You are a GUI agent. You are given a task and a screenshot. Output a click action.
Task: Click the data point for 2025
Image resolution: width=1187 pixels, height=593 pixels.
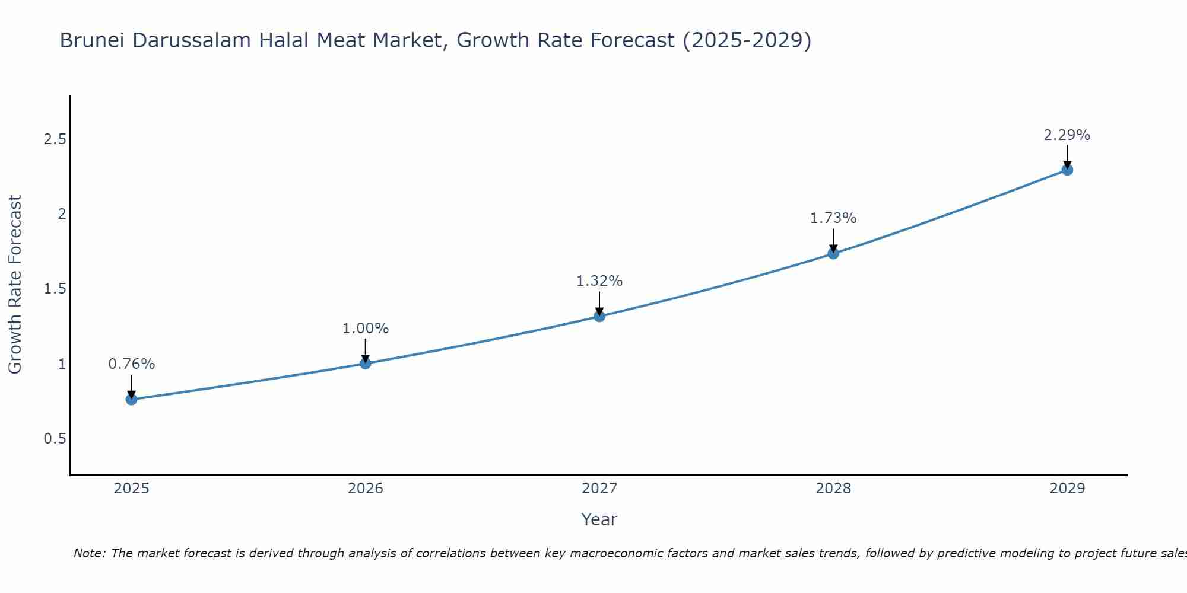(131, 399)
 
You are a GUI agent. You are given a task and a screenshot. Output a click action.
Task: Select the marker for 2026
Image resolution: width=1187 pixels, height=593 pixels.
(365, 363)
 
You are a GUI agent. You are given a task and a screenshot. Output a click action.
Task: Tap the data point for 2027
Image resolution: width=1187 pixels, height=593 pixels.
(599, 316)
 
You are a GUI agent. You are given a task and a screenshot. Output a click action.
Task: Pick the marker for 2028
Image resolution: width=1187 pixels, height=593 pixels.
(833, 253)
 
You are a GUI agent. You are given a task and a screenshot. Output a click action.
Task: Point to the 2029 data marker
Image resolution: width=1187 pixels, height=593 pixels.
(1067, 170)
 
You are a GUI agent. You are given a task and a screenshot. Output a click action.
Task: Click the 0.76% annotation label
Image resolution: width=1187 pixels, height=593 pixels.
(131, 364)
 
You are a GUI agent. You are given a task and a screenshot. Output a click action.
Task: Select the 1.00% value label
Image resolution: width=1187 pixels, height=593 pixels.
(365, 329)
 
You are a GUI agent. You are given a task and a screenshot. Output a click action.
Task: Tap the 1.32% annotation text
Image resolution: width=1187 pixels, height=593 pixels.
(599, 281)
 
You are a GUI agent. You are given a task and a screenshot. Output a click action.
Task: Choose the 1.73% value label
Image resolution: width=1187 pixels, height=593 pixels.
(833, 218)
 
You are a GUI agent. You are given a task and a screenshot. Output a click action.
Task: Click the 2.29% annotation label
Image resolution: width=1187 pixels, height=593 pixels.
(1067, 135)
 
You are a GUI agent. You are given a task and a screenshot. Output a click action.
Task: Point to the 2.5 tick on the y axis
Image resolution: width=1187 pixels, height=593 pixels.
(55, 139)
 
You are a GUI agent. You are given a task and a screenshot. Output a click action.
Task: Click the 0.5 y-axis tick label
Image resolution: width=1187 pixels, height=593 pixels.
(55, 439)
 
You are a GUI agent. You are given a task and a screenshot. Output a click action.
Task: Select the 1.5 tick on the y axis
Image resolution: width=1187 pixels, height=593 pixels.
(55, 289)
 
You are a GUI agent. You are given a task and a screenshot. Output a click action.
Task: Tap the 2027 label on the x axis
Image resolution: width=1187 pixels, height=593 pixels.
(599, 489)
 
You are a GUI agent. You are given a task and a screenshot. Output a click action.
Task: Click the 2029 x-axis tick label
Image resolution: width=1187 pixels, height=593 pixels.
(1067, 489)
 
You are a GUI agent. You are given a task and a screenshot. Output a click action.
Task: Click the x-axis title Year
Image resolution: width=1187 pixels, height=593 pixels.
(599, 519)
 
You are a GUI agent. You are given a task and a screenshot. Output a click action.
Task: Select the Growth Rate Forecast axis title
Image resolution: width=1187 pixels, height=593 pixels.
(15, 285)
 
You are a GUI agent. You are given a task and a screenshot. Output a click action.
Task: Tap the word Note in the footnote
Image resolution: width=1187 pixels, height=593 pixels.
(88, 553)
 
